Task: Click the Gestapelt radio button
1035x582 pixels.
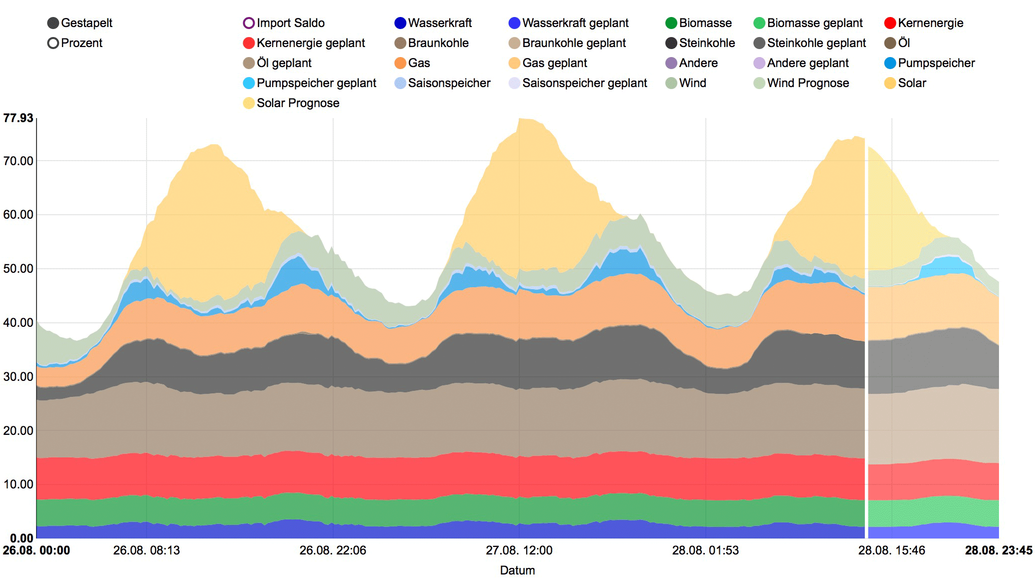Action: click(x=53, y=23)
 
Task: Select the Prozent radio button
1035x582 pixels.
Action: click(x=53, y=43)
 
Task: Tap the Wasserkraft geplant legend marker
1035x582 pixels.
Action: click(x=514, y=23)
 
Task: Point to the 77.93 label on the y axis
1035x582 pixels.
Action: click(x=18, y=118)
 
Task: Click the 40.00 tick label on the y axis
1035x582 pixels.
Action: click(x=18, y=323)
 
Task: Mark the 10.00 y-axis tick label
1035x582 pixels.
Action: click(x=18, y=484)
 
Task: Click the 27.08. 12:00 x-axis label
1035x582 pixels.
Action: click(x=519, y=550)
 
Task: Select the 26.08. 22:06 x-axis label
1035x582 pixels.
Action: click(x=333, y=550)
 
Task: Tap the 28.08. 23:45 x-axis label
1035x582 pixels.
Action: click(x=998, y=550)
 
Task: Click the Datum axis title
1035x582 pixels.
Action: click(x=517, y=570)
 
